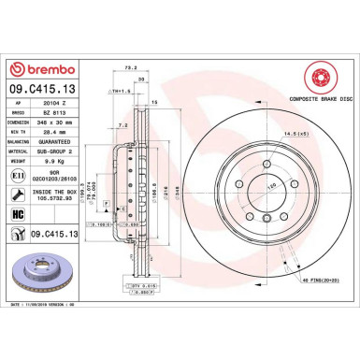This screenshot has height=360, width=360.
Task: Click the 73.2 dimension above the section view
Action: [131, 68]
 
